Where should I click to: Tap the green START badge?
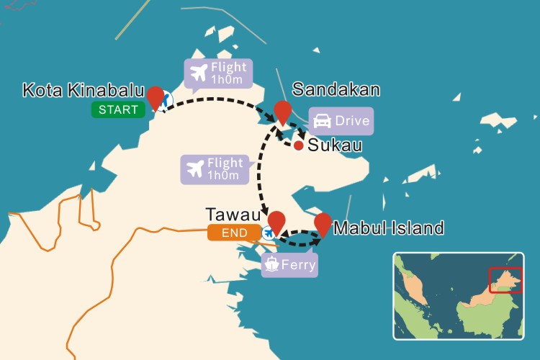118,109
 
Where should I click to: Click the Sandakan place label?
336,90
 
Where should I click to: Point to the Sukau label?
334,145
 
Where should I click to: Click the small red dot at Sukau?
298,145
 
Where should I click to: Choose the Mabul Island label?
389,229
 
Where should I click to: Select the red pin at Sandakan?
283,111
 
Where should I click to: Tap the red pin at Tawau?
276,221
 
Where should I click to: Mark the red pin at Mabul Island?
323,222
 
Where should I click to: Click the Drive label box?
341,121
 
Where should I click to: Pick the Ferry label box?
289,264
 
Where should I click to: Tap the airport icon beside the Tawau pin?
269,233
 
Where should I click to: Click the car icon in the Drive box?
322,121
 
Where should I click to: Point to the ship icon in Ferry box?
272,264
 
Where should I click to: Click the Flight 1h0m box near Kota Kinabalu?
218,73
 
